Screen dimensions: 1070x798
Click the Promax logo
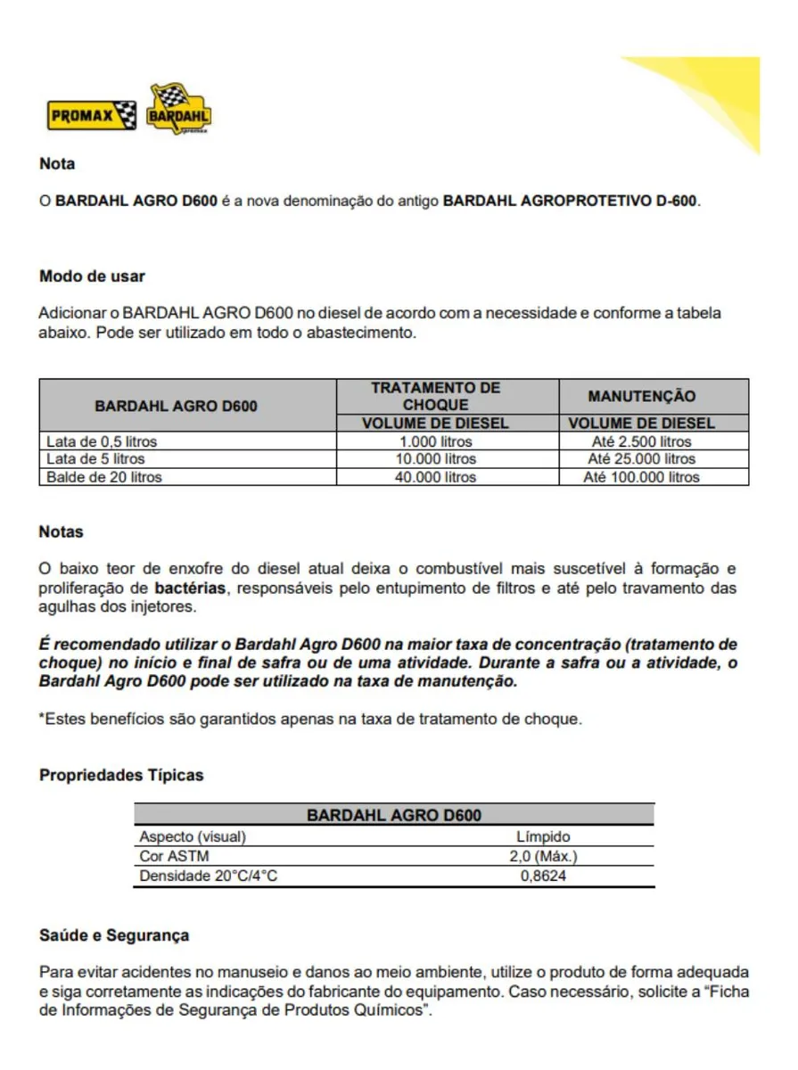coord(92,116)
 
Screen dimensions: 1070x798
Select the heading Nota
coord(57,164)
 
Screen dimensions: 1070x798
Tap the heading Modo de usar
coord(92,276)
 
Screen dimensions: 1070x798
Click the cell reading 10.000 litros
coord(435,459)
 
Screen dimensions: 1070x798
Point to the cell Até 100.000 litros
coord(641,477)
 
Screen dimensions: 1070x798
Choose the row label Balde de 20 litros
coord(104,477)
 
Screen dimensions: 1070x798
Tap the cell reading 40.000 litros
coord(435,477)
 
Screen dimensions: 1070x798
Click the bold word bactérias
coord(190,588)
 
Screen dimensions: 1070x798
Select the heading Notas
coord(61,532)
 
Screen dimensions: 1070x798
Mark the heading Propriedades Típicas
coord(121,775)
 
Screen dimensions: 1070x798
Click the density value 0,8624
coord(543,876)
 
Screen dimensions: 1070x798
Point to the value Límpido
coord(543,837)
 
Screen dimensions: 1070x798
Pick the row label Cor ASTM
coord(174,856)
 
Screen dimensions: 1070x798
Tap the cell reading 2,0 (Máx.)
coord(543,856)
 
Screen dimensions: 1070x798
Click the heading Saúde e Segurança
coord(114,935)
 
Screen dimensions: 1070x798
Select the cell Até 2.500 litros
coord(641,441)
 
